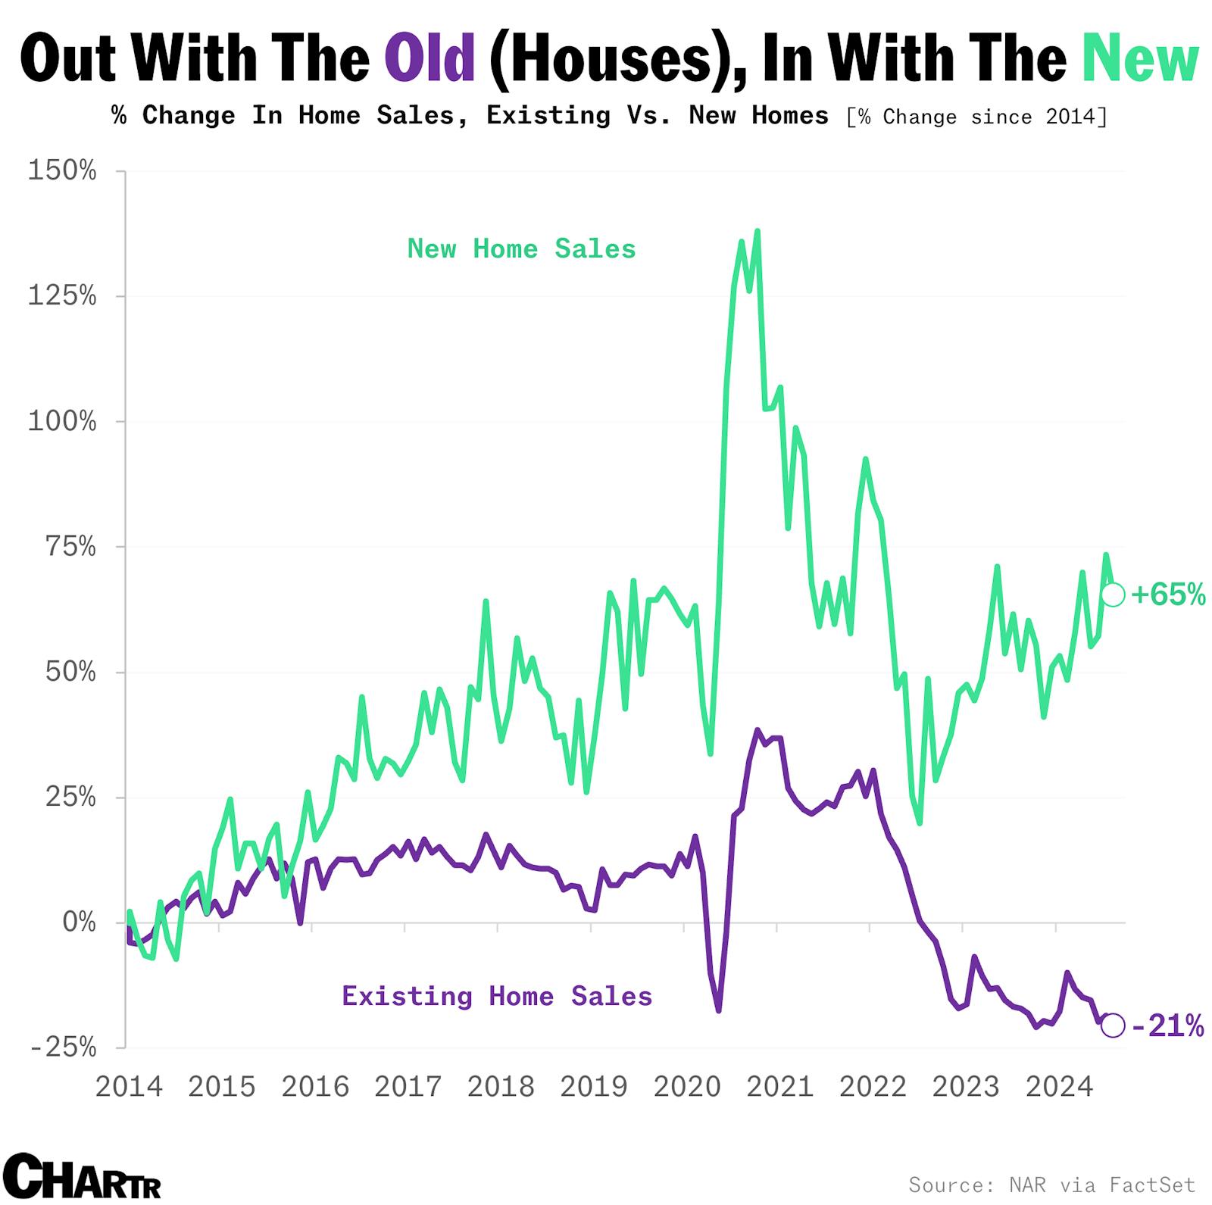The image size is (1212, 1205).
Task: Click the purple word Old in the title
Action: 430,59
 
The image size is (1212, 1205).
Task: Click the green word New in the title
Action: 1140,59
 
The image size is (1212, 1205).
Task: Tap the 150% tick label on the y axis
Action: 62,171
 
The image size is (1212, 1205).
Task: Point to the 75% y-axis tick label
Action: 70,547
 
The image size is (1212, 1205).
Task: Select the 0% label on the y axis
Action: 79,922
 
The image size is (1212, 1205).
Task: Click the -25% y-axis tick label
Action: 64,1048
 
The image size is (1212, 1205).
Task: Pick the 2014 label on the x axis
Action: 129,1087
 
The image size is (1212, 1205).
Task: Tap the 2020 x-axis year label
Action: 687,1087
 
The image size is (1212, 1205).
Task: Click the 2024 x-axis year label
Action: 1059,1087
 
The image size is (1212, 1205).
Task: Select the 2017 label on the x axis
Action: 408,1087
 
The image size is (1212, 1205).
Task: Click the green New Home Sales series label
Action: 521,249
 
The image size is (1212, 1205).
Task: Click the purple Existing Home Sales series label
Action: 497,996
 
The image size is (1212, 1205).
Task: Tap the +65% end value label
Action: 1167,595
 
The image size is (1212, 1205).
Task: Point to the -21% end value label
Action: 1167,1026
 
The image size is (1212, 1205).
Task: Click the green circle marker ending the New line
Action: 1113,595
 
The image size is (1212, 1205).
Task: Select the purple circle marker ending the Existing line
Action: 1112,1026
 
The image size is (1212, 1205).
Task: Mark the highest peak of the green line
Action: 757,231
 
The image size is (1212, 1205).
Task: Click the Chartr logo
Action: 83,1176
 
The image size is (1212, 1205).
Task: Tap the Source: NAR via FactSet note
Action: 1051,1185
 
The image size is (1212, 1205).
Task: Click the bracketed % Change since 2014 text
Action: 976,117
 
